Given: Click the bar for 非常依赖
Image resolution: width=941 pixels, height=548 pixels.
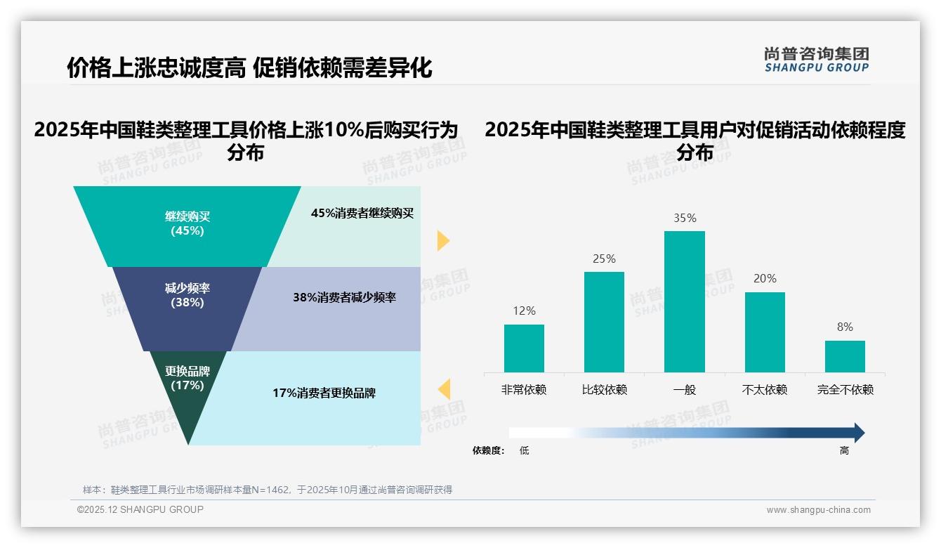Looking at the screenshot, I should pyautogui.click(x=524, y=348).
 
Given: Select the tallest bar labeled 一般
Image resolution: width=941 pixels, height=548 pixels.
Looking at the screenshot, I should pyautogui.click(x=684, y=301).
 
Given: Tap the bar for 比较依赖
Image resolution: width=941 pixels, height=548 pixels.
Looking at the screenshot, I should pyautogui.click(x=604, y=322).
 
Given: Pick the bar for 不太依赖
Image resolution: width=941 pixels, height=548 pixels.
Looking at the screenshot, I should pyautogui.click(x=765, y=332).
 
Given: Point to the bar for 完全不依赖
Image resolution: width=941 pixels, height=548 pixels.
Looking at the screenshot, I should pyautogui.click(x=845, y=356).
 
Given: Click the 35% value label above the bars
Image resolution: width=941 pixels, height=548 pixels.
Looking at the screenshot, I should pyautogui.click(x=685, y=218).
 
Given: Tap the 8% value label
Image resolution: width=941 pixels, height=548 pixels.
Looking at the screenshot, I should pyautogui.click(x=845, y=327).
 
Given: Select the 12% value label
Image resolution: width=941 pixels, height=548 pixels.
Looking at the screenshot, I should pyautogui.click(x=524, y=311).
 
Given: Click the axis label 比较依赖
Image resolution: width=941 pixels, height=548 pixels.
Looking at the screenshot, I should pyautogui.click(x=604, y=390).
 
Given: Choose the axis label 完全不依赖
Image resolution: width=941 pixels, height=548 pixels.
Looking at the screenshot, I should pyautogui.click(x=845, y=390).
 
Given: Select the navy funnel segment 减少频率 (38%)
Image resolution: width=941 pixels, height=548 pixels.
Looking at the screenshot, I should pyautogui.click(x=187, y=296).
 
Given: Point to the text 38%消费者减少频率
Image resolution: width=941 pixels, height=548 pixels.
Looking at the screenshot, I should pyautogui.click(x=344, y=298).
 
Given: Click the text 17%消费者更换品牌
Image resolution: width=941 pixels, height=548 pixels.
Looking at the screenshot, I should pyautogui.click(x=324, y=393).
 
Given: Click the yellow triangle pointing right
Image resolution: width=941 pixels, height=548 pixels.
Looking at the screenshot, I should pyautogui.click(x=442, y=240).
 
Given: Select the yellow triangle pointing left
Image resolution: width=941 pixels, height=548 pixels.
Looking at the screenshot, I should pyautogui.click(x=444, y=389).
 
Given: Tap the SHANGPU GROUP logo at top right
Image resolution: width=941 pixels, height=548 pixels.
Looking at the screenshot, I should pyautogui.click(x=816, y=60).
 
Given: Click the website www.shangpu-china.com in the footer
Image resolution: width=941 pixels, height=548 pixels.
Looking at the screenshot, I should pyautogui.click(x=818, y=510).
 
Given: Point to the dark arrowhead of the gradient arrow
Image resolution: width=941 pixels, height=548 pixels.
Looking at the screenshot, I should pyautogui.click(x=858, y=433).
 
